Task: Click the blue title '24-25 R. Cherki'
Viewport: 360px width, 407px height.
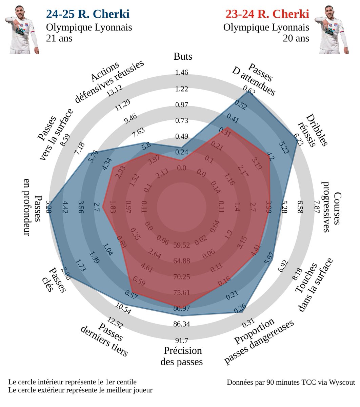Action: click(87, 14)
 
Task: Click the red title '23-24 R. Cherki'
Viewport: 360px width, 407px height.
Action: click(267, 14)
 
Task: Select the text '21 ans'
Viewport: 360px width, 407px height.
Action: click(59, 38)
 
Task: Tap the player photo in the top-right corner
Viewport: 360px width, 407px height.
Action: click(332, 30)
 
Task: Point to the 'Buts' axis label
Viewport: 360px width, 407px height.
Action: click(183, 56)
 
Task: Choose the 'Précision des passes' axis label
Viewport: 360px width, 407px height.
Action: click(181, 356)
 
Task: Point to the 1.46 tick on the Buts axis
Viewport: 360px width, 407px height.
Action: click(182, 73)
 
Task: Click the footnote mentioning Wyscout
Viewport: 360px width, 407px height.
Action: click(291, 382)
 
